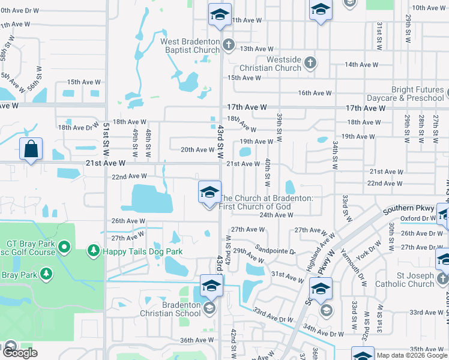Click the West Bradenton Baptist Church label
(190, 46)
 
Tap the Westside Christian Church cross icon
(310, 62)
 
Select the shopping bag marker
(31, 149)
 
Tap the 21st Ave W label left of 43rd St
(105, 163)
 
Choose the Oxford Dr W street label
(419, 218)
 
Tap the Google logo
(19, 353)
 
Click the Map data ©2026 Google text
(411, 355)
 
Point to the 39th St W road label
(280, 123)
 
